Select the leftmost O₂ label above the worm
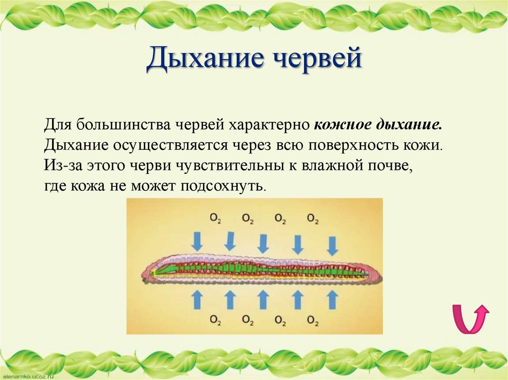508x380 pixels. click(x=215, y=218)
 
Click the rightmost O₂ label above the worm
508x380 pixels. click(x=313, y=218)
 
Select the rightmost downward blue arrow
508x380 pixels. click(x=332, y=244)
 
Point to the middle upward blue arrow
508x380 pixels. click(x=263, y=299)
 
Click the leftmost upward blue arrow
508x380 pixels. click(x=197, y=299)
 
